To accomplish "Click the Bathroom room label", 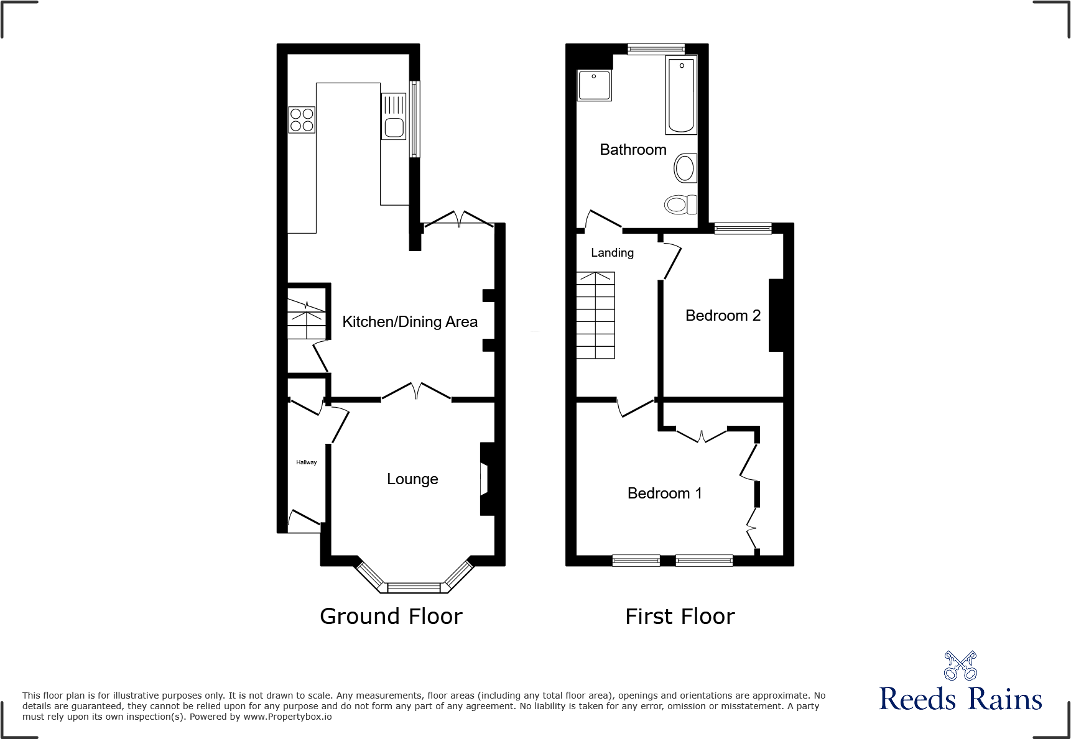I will (x=633, y=150).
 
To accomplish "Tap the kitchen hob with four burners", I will (x=302, y=120).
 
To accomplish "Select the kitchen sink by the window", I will (x=394, y=117).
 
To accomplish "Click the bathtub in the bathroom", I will (x=681, y=95).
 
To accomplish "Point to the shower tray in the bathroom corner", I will (x=595, y=85).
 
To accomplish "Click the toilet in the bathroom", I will (x=680, y=204).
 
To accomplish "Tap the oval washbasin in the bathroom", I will (x=685, y=168).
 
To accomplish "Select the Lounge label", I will (x=412, y=479).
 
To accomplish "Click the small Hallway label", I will (x=306, y=462).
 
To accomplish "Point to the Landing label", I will (x=612, y=253).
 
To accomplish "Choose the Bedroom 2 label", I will (x=723, y=316).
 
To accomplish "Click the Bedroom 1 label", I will (x=664, y=493).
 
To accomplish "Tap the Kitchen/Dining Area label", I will (x=410, y=322).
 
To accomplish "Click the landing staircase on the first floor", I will (x=596, y=315).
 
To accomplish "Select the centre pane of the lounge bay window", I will (x=414, y=587).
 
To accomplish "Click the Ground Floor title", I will (x=391, y=617).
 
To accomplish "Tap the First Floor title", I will (x=680, y=617).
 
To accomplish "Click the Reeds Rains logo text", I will (x=960, y=699).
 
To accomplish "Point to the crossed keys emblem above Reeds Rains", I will (x=960, y=666).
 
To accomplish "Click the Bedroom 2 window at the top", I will (x=743, y=229).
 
